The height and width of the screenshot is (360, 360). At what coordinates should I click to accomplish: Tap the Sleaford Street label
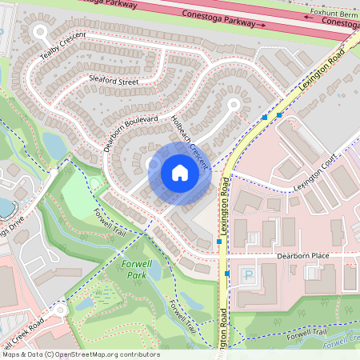[114, 82]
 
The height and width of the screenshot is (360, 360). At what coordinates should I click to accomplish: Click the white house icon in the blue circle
[180, 172]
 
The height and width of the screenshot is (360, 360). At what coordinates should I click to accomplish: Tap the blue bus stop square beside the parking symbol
[228, 274]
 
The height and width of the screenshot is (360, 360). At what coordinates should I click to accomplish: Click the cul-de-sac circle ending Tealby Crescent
[42, 32]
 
